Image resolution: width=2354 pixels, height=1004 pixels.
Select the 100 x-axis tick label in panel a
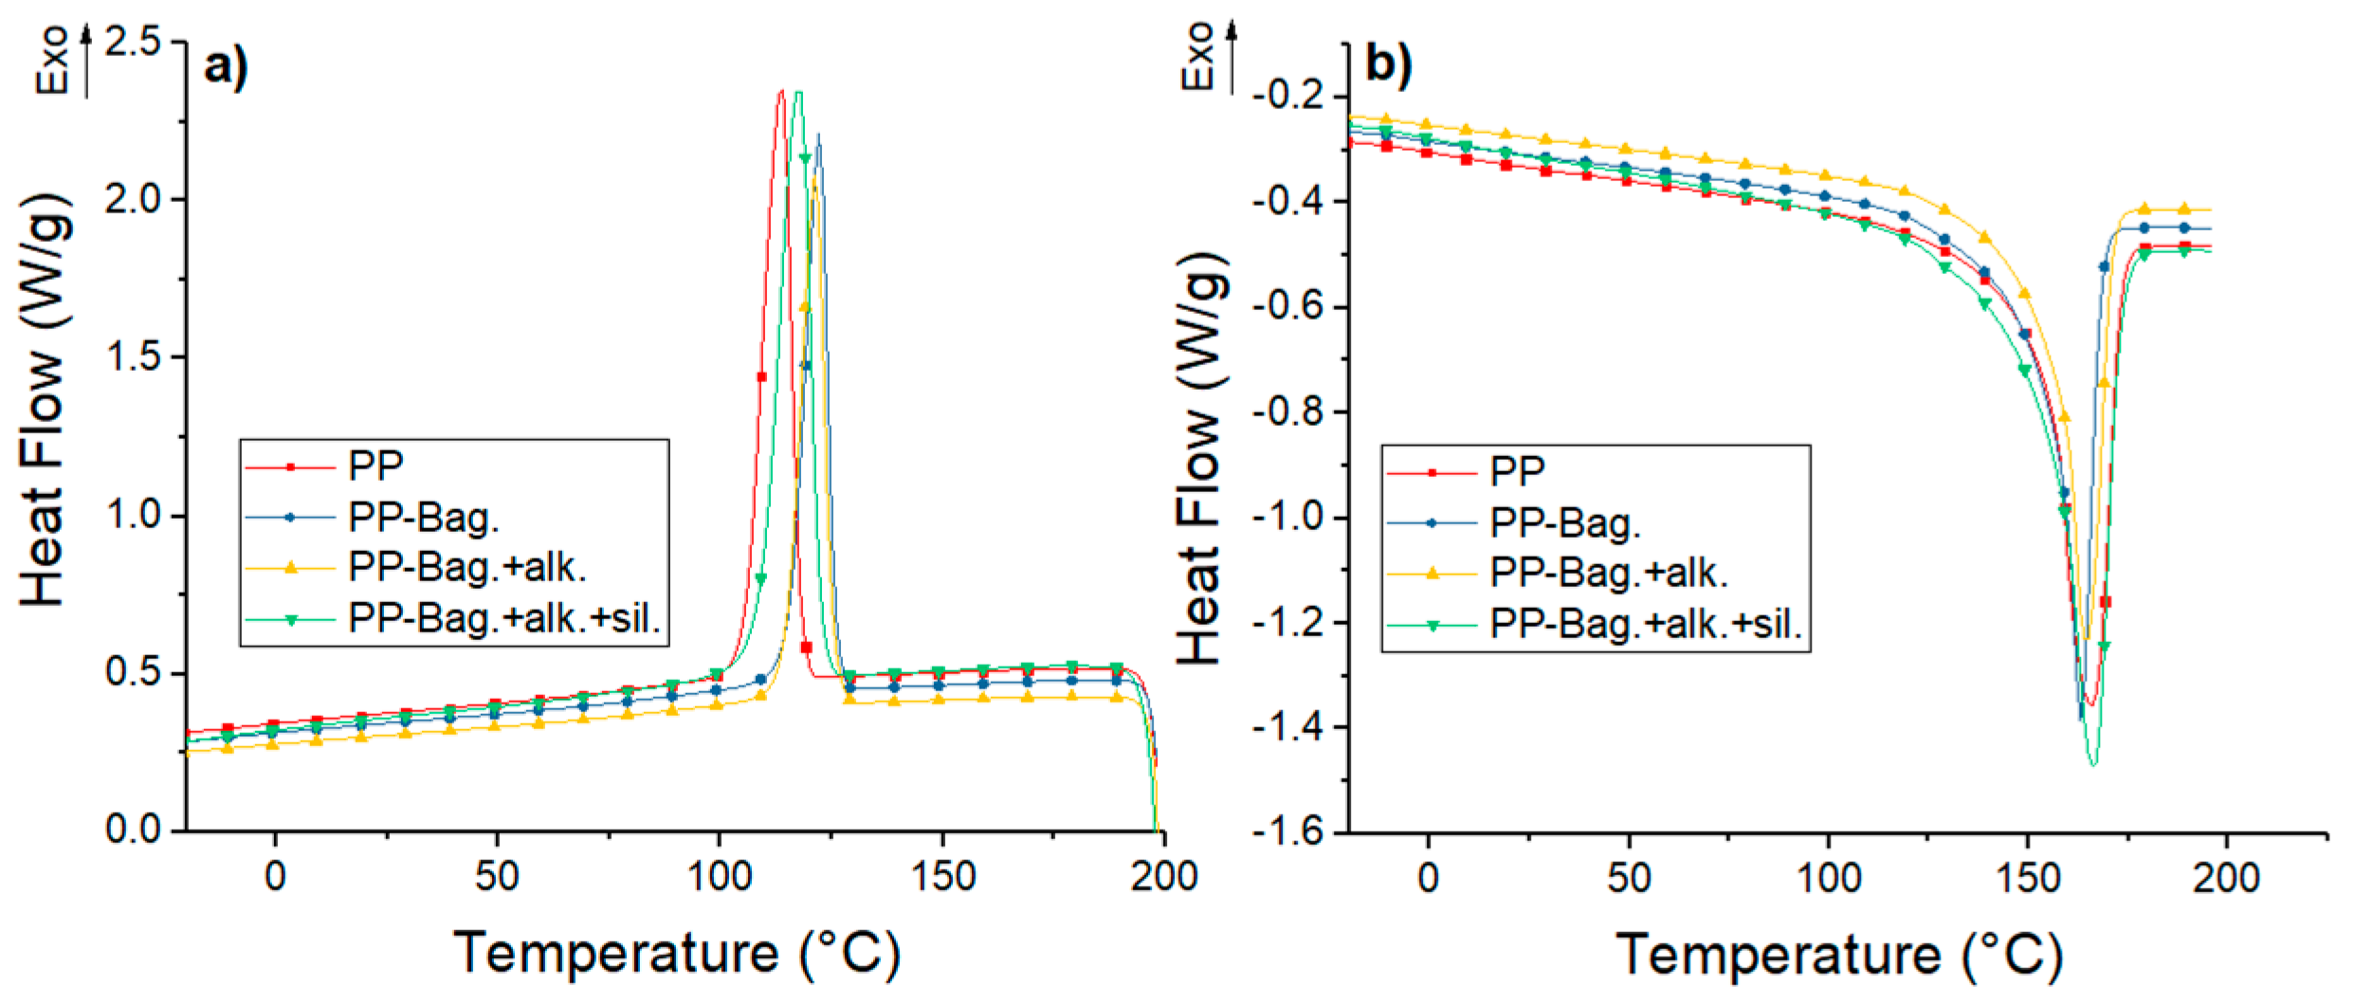(x=720, y=876)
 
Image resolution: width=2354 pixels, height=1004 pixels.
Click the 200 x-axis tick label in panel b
(x=2225, y=878)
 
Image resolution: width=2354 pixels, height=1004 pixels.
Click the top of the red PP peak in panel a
(x=781, y=92)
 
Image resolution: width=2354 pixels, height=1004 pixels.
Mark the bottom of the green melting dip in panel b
(x=2093, y=764)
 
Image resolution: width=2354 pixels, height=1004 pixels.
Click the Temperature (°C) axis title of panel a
(x=677, y=953)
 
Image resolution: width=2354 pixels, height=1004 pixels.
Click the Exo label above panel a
(x=53, y=59)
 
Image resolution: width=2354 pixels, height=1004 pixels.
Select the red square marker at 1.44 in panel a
(x=761, y=377)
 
